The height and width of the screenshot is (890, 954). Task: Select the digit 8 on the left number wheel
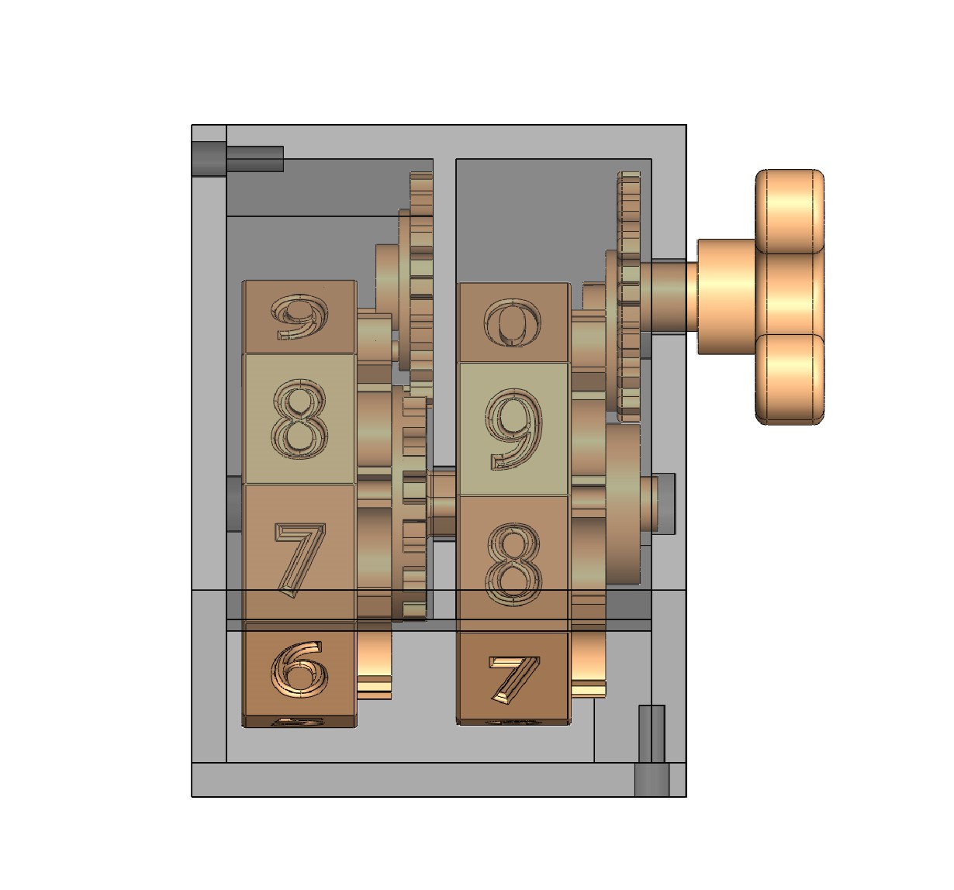coord(299,419)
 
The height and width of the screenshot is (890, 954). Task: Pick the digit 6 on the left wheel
coord(299,668)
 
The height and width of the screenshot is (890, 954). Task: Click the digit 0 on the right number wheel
coord(513,323)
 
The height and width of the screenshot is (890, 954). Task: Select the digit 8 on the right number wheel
coord(514,564)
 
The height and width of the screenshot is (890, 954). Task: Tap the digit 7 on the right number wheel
coord(514,677)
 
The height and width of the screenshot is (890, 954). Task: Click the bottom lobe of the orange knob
coord(790,380)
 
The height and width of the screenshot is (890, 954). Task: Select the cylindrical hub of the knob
coord(725,296)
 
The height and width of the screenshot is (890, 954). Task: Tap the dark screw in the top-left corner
coord(237,159)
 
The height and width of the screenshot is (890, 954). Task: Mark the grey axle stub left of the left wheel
coord(234,504)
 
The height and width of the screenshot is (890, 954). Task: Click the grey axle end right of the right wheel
coord(665,502)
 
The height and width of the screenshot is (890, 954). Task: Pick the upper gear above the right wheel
coord(629,295)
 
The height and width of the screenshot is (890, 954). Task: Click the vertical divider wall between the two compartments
coord(444,310)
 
